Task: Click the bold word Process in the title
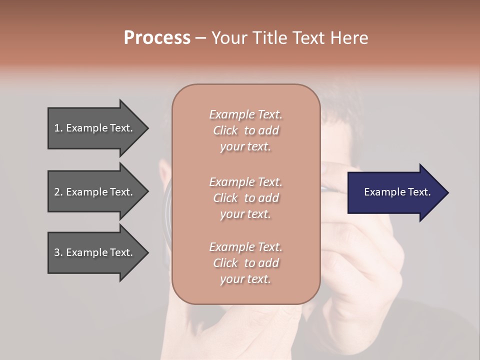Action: click(157, 38)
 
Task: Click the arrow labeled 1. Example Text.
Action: click(95, 128)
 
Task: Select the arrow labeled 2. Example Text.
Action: click(95, 192)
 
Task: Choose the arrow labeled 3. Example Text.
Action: click(95, 252)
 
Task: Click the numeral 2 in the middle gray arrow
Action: click(57, 192)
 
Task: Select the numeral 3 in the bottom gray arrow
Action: click(57, 252)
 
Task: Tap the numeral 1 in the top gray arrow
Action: click(57, 128)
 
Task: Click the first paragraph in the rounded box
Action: click(245, 130)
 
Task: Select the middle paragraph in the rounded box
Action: click(245, 198)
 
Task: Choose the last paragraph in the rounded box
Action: click(245, 263)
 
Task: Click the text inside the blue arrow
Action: click(397, 192)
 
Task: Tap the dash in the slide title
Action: click(201, 38)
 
